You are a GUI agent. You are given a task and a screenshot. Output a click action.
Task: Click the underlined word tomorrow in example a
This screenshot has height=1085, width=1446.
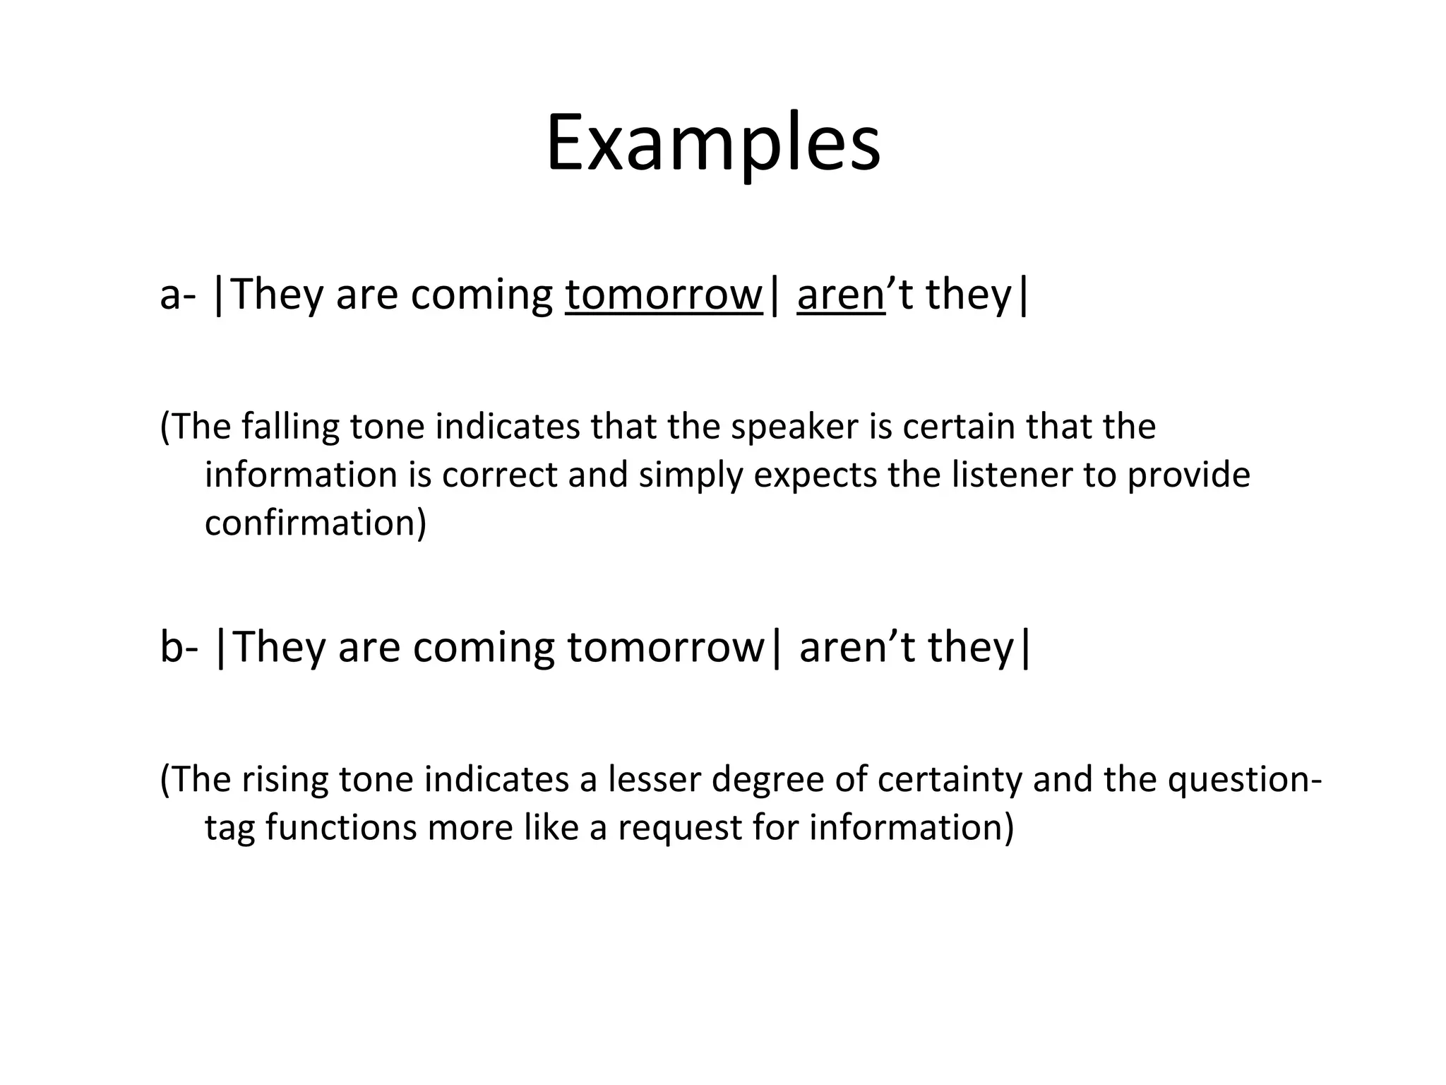664,295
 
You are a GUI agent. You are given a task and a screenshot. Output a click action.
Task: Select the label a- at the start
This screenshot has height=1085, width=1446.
177,295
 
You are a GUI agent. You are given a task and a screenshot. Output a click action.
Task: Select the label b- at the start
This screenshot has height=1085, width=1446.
179,647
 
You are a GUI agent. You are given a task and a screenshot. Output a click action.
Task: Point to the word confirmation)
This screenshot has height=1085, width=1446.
316,523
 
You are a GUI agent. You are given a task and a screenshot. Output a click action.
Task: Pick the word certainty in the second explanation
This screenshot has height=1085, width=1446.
950,779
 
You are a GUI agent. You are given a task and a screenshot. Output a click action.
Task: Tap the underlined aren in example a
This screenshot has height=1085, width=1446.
840,295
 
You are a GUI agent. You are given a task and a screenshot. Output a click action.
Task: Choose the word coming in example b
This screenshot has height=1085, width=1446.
484,648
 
